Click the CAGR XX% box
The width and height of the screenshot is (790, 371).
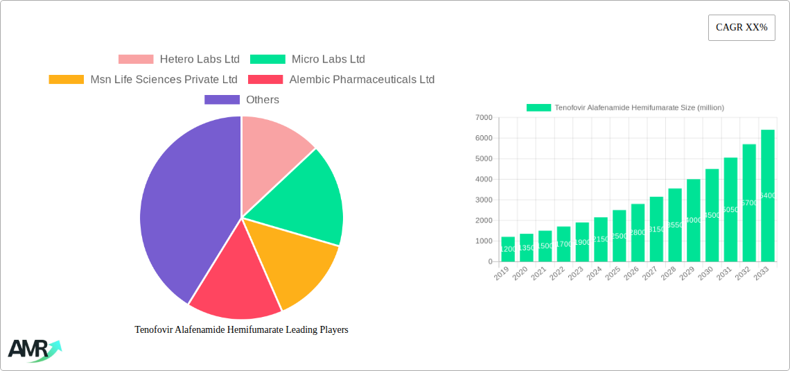[x=741, y=28]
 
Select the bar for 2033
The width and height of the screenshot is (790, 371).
[x=767, y=196]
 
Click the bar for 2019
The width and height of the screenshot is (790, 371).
[x=508, y=249]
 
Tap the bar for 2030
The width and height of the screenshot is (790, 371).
[x=712, y=215]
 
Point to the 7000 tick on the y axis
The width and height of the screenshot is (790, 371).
[x=484, y=118]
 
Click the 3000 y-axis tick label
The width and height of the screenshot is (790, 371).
[x=484, y=200]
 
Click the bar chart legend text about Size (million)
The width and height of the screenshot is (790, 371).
[x=639, y=107]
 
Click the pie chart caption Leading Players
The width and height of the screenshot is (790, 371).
[x=241, y=330]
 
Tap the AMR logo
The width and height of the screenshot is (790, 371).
[x=33, y=350]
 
